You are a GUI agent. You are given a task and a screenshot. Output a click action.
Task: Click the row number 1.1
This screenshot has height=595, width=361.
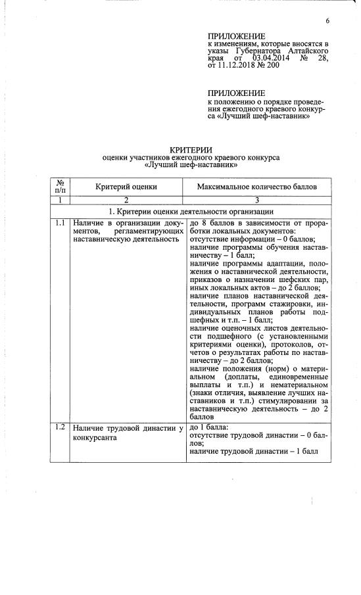click(x=60, y=224)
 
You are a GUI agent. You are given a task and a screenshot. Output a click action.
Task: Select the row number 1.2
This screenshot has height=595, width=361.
click(x=60, y=428)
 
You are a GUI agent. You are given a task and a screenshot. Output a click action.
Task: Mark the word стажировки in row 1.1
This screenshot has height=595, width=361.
click(x=277, y=303)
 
